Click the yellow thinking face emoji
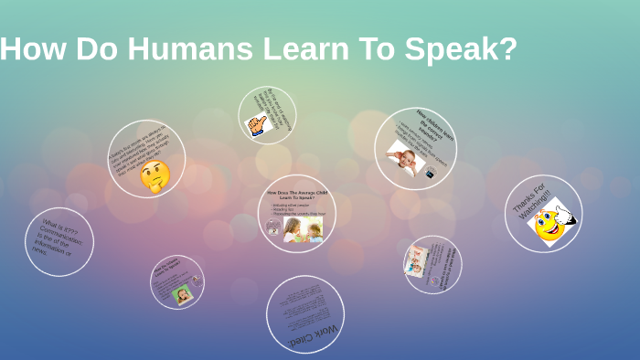coord(155,175)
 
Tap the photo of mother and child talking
coord(303,229)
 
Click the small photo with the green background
coord(183,294)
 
